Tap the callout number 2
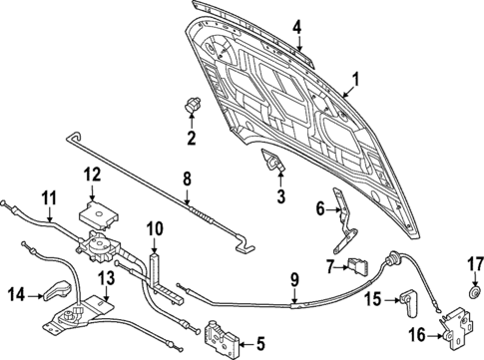click(x=192, y=136)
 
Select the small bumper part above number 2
click(x=193, y=106)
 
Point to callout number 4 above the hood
click(x=297, y=27)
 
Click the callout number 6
click(x=320, y=209)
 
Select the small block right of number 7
click(x=355, y=265)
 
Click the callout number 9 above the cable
click(x=294, y=279)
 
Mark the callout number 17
click(x=476, y=264)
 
